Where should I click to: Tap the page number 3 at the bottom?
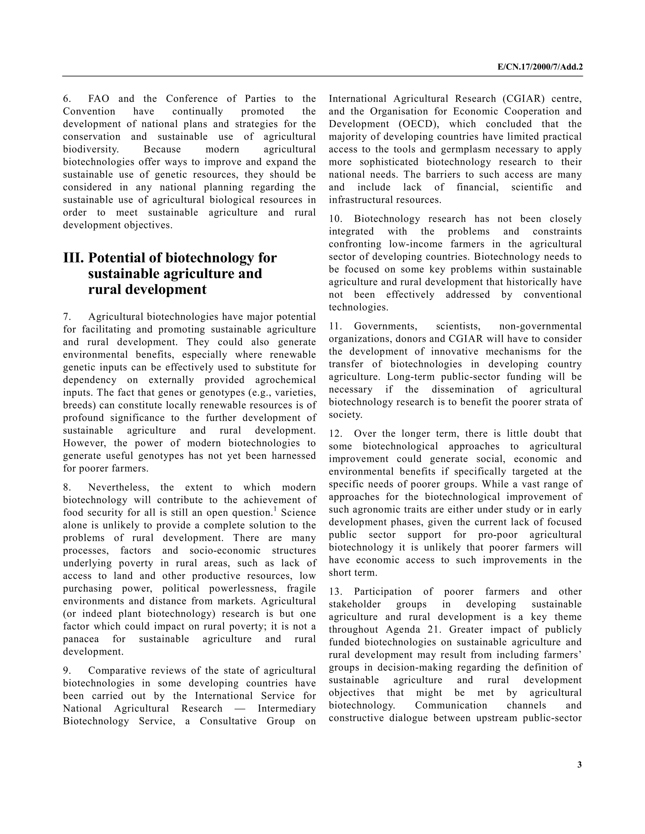click(579, 764)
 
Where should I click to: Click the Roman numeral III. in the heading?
click(73, 258)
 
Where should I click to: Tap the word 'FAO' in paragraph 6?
click(99, 99)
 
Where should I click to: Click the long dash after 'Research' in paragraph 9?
click(240, 708)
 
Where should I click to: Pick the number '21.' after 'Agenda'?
click(435, 629)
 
